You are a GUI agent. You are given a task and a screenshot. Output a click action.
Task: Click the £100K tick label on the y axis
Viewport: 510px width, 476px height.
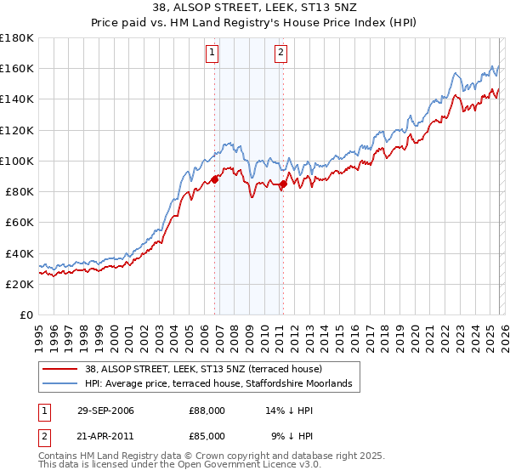17,161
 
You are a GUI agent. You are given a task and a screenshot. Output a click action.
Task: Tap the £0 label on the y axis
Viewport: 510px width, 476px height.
26,315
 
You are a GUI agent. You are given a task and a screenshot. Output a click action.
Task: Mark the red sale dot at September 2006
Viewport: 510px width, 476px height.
215,179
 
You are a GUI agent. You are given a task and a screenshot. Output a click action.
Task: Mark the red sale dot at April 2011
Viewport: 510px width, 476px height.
283,184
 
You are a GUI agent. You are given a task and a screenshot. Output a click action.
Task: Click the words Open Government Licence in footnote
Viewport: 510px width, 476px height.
229,466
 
